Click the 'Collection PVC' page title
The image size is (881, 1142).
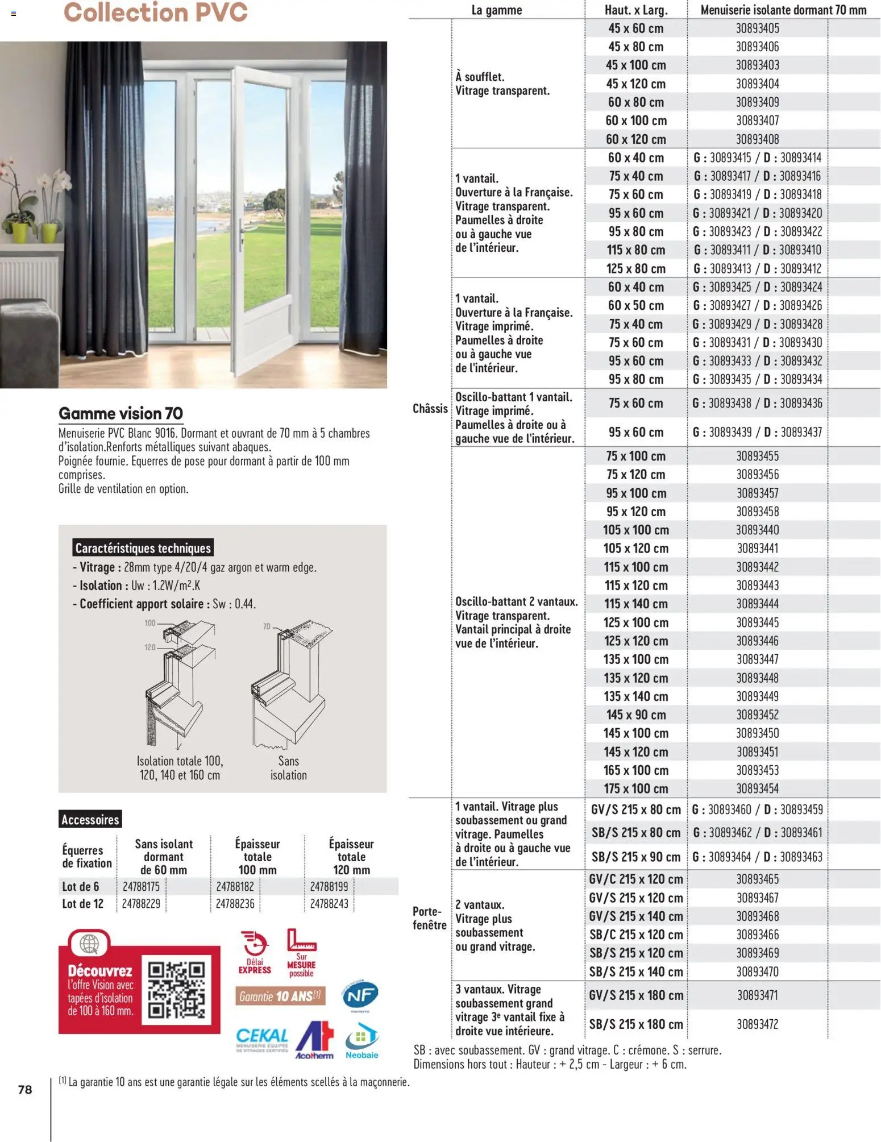pos(155,13)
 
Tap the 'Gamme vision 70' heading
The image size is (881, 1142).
pos(120,413)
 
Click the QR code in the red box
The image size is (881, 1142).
pos(176,990)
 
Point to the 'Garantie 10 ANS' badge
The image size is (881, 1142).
pos(280,996)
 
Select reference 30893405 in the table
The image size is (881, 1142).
pos(757,28)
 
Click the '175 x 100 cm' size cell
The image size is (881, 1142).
pos(635,788)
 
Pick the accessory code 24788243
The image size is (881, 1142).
pos(329,903)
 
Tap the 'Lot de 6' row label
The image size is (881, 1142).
pos(81,886)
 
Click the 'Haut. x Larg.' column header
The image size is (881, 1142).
pos(635,10)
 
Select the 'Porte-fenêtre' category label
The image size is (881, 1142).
pos(429,917)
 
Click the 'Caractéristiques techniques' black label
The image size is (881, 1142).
pos(143,548)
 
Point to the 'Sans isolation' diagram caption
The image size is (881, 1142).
pos(288,767)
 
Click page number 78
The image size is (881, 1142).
pos(25,1089)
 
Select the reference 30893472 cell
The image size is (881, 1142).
pos(757,1024)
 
